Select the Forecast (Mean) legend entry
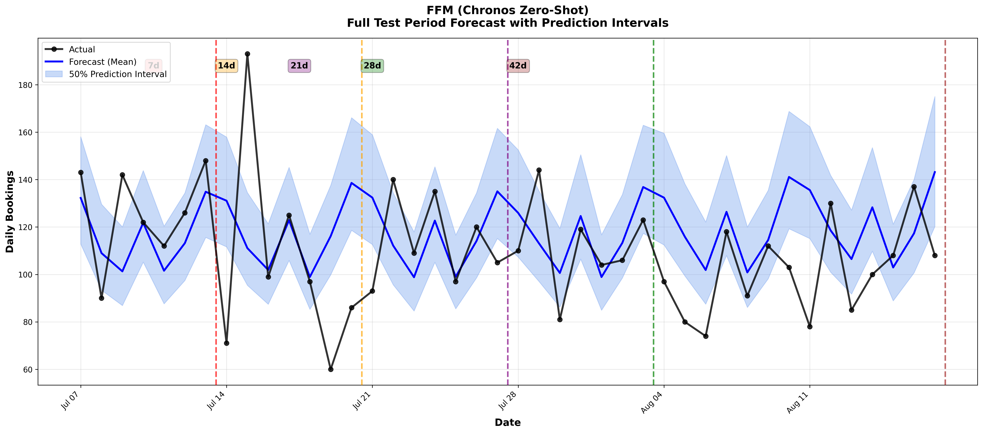pyautogui.click(x=102, y=62)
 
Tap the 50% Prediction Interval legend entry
pyautogui.click(x=118, y=74)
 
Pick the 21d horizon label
pyautogui.click(x=299, y=66)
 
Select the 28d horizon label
pyautogui.click(x=372, y=66)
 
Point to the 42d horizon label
pyautogui.click(x=518, y=66)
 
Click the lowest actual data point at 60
pyautogui.click(x=331, y=369)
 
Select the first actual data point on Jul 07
pyautogui.click(x=81, y=172)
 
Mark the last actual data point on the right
pyautogui.click(x=934, y=256)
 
